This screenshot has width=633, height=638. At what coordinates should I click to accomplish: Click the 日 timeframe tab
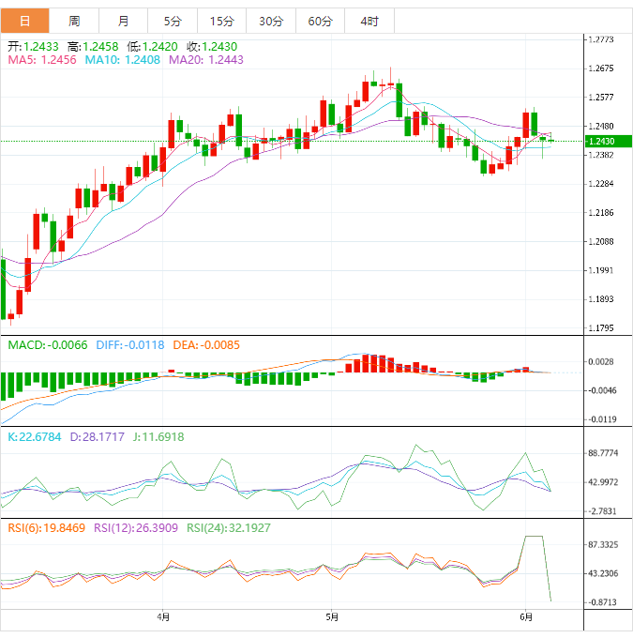24,21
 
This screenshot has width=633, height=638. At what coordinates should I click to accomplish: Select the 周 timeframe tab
74,21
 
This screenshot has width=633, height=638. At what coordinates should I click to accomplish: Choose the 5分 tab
173,21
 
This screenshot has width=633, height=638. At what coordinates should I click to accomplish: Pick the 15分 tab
222,21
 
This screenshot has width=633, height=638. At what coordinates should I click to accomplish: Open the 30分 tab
271,21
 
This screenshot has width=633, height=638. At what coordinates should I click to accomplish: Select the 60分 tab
320,21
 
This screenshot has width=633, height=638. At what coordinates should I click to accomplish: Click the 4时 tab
369,21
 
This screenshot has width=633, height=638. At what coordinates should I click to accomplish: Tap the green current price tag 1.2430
600,142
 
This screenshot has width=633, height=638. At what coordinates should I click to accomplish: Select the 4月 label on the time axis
163,616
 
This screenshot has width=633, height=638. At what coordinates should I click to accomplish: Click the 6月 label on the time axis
526,616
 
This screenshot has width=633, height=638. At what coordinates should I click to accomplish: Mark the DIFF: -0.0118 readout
129,344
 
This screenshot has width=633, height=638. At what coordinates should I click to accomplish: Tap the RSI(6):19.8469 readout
44,528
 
